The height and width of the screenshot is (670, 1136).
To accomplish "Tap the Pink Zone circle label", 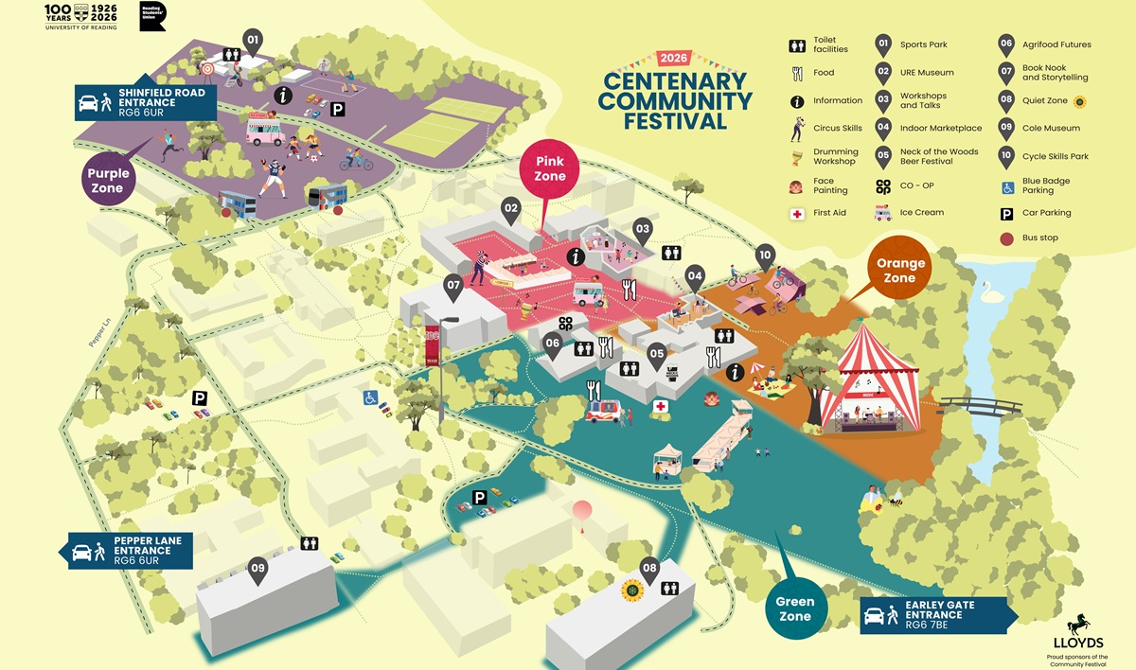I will (550, 168).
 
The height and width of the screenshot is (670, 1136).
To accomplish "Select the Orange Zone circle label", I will (900, 271).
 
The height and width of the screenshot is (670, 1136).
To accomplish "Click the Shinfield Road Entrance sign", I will (147, 99).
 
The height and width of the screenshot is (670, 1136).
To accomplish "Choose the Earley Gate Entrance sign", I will (938, 614).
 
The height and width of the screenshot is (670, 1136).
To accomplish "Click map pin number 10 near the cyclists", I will (765, 256).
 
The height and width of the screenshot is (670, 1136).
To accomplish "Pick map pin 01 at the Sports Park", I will (252, 41).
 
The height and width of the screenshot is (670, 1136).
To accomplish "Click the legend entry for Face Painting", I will (830, 185).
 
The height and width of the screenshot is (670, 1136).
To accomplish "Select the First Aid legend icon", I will (797, 213).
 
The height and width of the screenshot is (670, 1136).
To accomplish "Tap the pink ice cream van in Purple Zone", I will (264, 130).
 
